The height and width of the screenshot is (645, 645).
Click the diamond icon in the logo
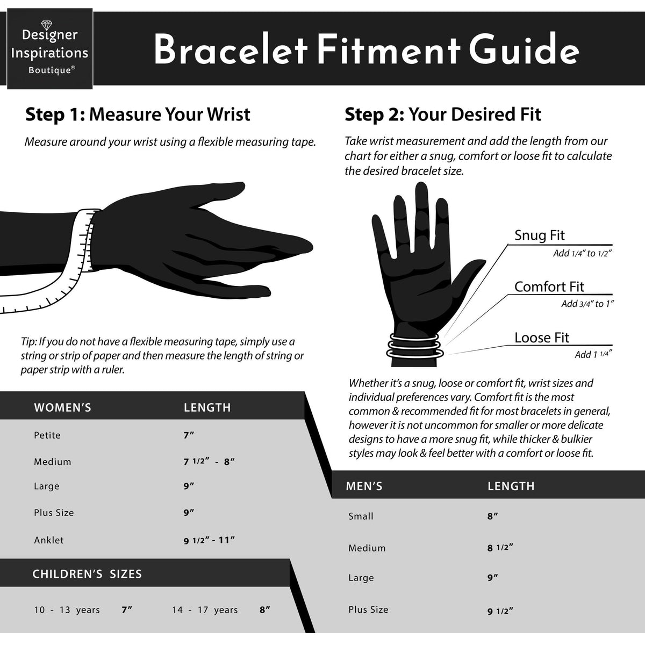pos(47,25)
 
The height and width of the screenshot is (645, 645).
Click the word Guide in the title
pos(524,49)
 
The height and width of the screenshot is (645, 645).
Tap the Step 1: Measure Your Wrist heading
pos(138,114)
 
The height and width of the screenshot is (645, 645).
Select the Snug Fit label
pos(539,235)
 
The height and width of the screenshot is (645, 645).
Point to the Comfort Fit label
pos(549,286)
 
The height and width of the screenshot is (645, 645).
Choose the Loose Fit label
pos(542,338)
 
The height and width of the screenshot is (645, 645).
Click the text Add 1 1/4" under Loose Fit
pos(593,354)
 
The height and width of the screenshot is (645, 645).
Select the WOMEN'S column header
pos(62,407)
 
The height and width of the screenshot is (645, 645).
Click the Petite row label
pos(47,435)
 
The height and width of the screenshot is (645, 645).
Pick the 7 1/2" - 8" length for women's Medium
pos(209,462)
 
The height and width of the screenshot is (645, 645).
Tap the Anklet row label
pos(48,540)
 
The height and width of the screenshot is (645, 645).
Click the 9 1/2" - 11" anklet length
pos(209,540)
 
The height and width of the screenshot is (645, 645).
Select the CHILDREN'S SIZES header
pos(87,574)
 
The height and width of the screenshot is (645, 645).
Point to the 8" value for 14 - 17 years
pos(265,610)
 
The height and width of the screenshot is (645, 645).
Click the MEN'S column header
pos(364,486)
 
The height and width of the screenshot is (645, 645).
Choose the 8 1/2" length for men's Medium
pos(500,548)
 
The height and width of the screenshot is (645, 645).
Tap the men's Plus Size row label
pos(368,609)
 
